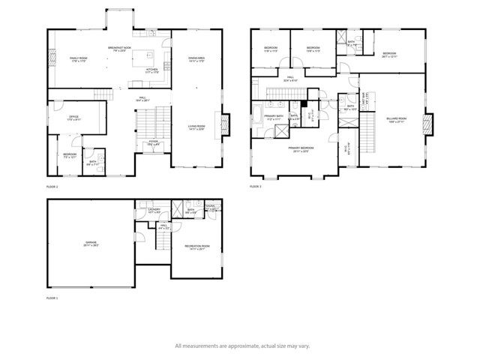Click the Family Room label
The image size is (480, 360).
click(78, 59)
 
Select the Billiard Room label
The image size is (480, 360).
click(397, 119)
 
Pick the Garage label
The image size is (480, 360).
click(91, 244)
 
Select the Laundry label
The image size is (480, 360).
click(154, 211)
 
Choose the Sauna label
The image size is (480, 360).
click(211, 209)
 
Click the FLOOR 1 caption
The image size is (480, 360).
click(52, 298)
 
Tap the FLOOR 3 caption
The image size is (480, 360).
click(256, 185)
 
